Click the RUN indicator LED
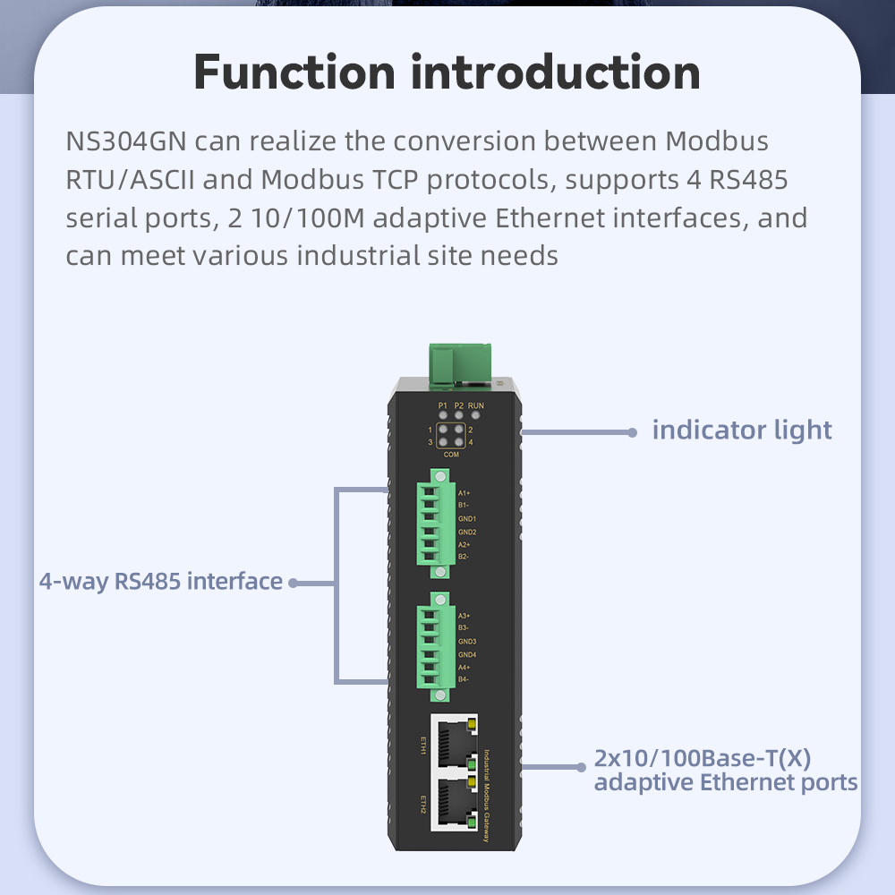tap(475, 415)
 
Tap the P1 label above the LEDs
tap(442, 405)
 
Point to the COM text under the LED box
tap(451, 456)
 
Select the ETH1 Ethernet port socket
tap(454, 743)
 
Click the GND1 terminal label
tap(467, 519)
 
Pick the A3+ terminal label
tap(465, 616)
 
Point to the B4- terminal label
tap(464, 680)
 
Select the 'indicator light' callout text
tap(742, 430)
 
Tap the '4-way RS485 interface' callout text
tap(161, 582)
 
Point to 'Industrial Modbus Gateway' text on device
tap(487, 795)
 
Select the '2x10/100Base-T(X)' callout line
tap(703, 759)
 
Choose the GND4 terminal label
tap(467, 655)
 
